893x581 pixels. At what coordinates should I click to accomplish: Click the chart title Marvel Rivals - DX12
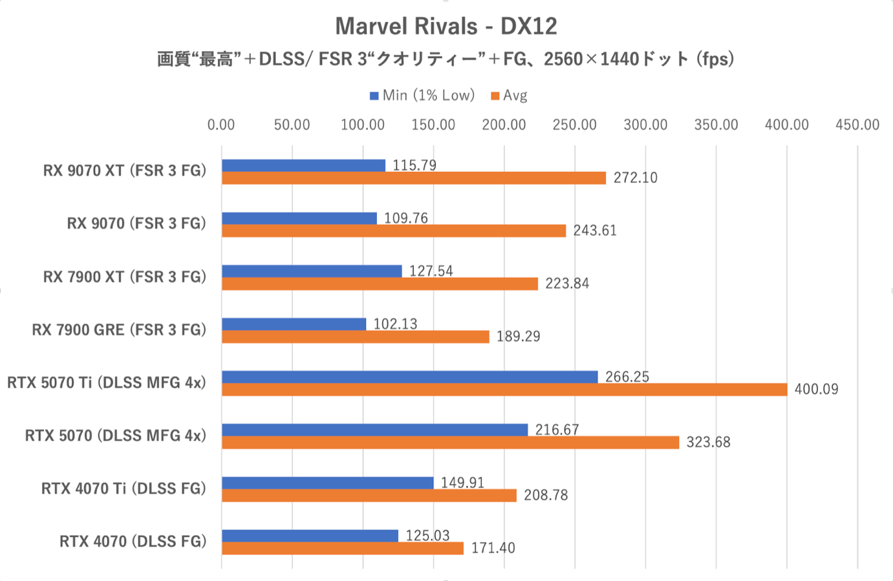tap(446, 26)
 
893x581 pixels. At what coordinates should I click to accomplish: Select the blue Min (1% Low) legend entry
tap(422, 96)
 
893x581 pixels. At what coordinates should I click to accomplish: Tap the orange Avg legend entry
tap(509, 96)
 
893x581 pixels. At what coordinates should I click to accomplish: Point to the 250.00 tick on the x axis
tap(574, 125)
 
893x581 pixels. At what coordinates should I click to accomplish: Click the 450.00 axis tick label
tap(857, 125)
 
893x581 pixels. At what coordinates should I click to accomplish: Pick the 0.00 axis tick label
tap(221, 125)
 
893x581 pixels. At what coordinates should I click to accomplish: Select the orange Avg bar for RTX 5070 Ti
tap(504, 389)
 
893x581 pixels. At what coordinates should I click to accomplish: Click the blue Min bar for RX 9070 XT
tap(303, 165)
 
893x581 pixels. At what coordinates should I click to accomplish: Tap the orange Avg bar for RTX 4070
tap(343, 548)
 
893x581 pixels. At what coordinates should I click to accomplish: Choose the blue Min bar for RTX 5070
tap(374, 430)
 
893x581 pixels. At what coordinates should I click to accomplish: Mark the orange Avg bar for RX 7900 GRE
tap(355, 336)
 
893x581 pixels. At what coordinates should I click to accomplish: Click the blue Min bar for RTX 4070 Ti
tap(327, 483)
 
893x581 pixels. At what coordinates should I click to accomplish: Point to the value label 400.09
tap(816, 389)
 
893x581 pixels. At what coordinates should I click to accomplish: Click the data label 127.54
tap(431, 271)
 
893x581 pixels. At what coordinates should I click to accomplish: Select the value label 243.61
tap(595, 231)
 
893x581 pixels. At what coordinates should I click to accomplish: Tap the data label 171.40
tap(493, 548)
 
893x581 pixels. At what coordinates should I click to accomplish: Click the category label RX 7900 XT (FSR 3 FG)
tap(125, 277)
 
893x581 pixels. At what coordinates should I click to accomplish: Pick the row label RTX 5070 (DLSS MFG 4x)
tap(116, 436)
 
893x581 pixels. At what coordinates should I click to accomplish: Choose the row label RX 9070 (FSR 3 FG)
tap(136, 224)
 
